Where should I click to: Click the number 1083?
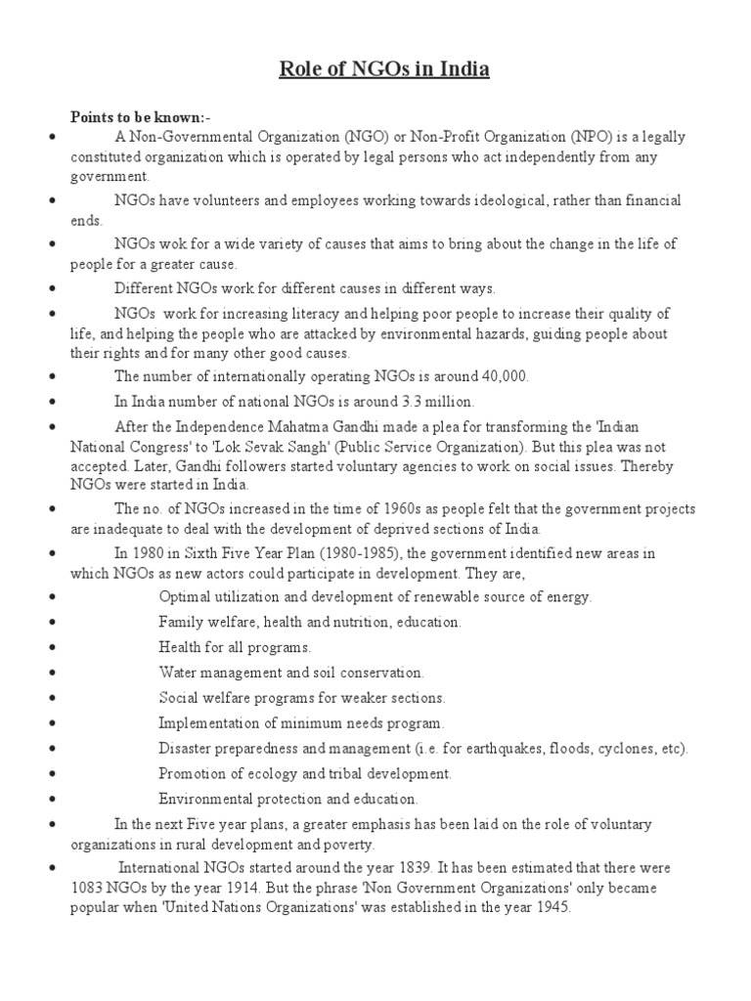(89, 889)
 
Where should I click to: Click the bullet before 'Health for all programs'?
(49, 648)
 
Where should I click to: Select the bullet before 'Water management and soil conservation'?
(49, 674)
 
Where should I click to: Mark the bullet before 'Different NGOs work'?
(49, 289)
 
